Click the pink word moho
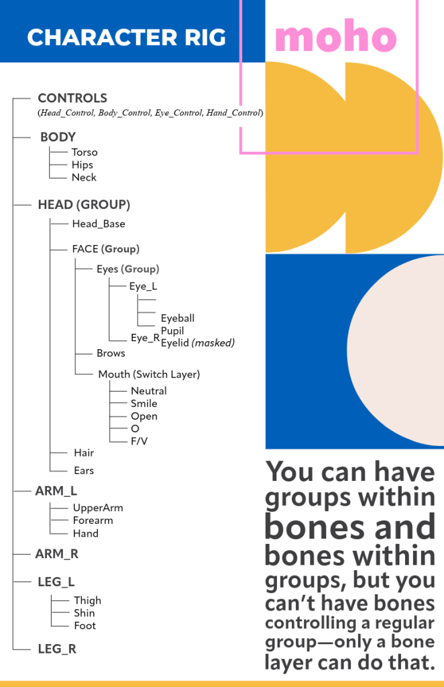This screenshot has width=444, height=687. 335,38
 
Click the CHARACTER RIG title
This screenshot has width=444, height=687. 126,38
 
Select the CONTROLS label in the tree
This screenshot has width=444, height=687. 72,98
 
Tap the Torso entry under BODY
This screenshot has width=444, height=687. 85,152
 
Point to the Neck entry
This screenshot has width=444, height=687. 84,177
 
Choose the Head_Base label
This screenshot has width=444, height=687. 99,224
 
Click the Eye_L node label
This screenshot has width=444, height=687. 144,286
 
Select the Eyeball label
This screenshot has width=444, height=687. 178,318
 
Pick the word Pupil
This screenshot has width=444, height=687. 172,330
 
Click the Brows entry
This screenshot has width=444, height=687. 111,353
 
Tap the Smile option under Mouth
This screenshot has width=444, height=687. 144,404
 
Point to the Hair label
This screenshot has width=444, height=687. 84,453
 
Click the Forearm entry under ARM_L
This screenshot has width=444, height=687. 93,520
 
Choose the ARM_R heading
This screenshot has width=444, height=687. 57,554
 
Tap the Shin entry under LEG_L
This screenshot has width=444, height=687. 85,613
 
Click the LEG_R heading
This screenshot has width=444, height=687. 56,649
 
